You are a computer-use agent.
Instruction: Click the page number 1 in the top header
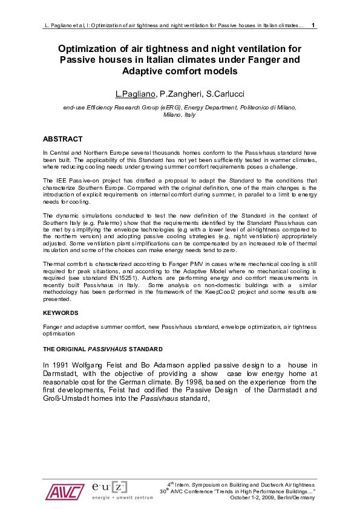[313, 25]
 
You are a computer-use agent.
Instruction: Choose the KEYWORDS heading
[61, 313]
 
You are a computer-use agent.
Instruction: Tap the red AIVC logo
[64, 491]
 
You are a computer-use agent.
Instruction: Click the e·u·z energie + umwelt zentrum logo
[110, 490]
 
